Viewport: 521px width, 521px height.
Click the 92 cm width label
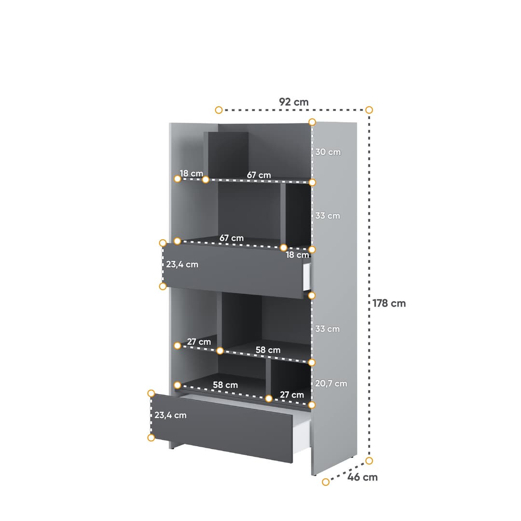pos(293,102)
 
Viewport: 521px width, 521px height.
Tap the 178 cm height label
pos(389,303)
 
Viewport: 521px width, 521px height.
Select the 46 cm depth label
pos(363,477)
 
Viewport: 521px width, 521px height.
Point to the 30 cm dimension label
pos(328,152)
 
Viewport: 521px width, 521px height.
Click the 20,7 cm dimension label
pos(331,384)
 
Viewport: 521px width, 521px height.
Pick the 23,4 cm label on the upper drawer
pos(182,264)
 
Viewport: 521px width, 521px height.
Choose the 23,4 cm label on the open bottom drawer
pos(170,415)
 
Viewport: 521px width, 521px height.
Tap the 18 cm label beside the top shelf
pos(191,173)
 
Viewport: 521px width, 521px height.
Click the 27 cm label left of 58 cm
pos(199,342)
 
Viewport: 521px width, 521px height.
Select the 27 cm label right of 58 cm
pos(292,395)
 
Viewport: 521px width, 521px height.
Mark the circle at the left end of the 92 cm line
pos(219,110)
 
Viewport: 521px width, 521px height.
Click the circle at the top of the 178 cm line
pos(369,110)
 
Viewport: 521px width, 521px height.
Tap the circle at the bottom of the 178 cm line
pos(369,461)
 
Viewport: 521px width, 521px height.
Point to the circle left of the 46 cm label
pos(326,481)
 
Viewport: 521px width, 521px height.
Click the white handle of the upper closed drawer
pos(306,277)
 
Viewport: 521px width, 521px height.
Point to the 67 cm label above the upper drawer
pos(232,238)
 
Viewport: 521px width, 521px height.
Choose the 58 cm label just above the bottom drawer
pos(225,385)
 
